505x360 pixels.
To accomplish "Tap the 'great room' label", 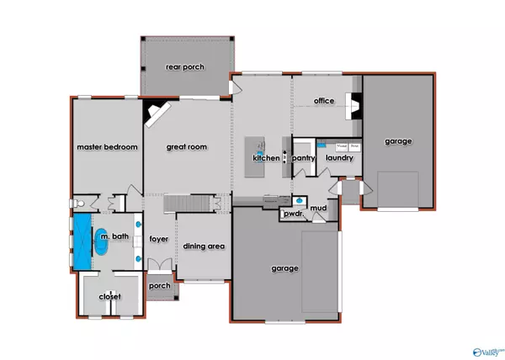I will click(x=186, y=147).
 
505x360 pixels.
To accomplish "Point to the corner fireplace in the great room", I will click(x=157, y=112).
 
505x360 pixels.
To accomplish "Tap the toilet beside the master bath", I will click(x=77, y=204).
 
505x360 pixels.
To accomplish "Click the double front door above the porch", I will click(x=159, y=264).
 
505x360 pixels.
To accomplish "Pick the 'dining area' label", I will click(x=202, y=246).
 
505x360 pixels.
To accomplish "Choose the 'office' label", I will click(x=323, y=101).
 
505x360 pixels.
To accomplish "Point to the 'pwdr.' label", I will click(x=294, y=214).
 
